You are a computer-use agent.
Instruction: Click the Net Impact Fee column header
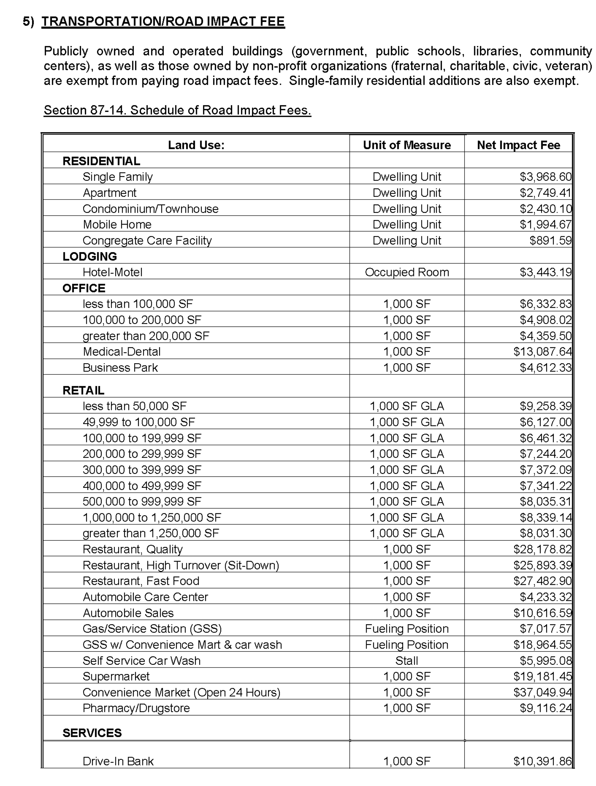tap(518, 145)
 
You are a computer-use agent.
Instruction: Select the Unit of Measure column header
tap(407, 145)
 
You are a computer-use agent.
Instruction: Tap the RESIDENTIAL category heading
tap(101, 161)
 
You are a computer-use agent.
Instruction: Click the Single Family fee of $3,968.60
tap(545, 177)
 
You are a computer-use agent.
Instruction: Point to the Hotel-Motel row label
tap(112, 272)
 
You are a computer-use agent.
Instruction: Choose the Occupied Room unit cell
tap(407, 272)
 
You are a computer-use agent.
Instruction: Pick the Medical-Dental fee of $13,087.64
tap(542, 352)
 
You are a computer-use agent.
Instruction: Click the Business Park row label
tap(120, 367)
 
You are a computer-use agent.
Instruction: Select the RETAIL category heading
tap(83, 390)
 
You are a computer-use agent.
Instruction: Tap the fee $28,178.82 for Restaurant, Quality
tap(542, 549)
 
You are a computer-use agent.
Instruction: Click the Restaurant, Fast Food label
tap(141, 581)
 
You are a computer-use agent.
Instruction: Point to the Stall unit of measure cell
tap(407, 660)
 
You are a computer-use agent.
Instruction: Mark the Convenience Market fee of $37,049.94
tap(542, 692)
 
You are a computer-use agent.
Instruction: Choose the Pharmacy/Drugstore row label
tap(136, 708)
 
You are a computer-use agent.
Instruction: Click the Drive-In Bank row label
tap(118, 761)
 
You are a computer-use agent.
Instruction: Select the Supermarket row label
tap(116, 676)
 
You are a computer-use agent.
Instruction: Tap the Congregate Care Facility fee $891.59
tap(550, 240)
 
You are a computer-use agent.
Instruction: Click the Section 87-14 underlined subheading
tap(177, 110)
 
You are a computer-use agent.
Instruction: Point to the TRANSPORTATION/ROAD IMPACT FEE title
tap(163, 21)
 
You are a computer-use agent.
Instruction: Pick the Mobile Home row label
tap(117, 224)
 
